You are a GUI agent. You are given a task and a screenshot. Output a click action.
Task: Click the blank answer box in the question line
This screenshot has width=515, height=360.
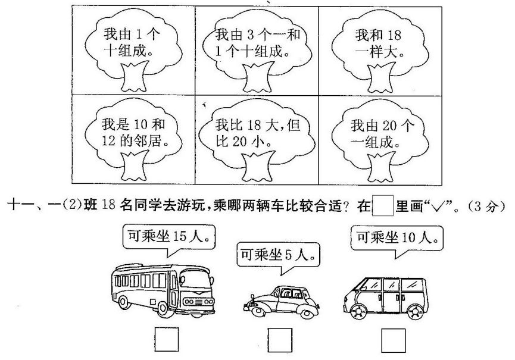(x=383, y=206)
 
